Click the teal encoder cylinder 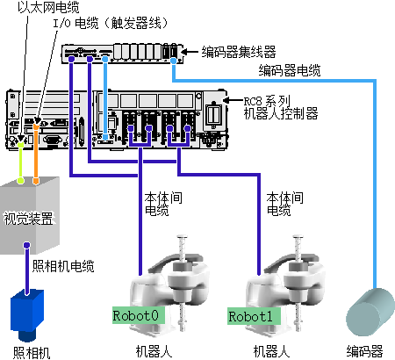pyautogui.click(x=370, y=312)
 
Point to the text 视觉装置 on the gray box pyautogui.click(x=28, y=219)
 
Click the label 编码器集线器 pyautogui.click(x=239, y=52)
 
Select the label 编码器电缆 pyautogui.click(x=290, y=70)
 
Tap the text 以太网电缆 pyautogui.click(x=48, y=7)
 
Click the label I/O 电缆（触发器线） pyautogui.click(x=111, y=24)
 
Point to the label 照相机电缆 pyautogui.click(x=63, y=266)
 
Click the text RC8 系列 pyautogui.click(x=267, y=102)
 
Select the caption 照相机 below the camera pyautogui.click(x=32, y=353)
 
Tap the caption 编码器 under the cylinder pyautogui.click(x=364, y=351)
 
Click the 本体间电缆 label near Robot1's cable pyautogui.click(x=284, y=204)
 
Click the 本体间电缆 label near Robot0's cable pyautogui.click(x=163, y=204)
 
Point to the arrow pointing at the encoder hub pyautogui.click(x=190, y=52)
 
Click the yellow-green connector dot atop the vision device pyautogui.click(x=20, y=180)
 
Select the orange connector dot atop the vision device pyautogui.click(x=36, y=181)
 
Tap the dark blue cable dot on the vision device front pyautogui.click(x=27, y=245)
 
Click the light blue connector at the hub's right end pyautogui.click(x=174, y=61)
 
